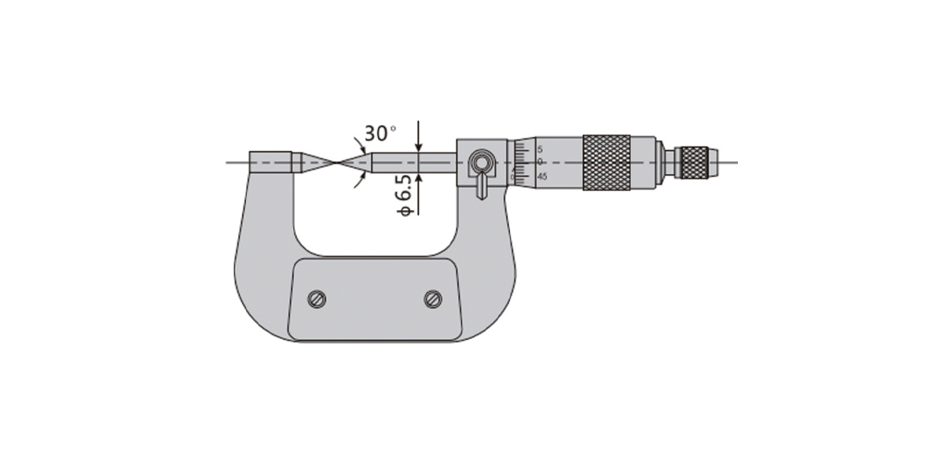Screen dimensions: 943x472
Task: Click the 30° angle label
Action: [x=380, y=133]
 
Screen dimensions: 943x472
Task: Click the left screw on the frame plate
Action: [x=317, y=299]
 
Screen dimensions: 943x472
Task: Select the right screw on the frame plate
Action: [x=433, y=299]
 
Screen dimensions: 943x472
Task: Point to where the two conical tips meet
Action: [x=338, y=162]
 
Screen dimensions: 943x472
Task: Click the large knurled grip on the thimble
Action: [x=607, y=163]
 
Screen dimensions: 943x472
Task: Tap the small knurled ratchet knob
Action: [x=695, y=163]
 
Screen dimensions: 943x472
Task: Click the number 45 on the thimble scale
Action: [x=542, y=176]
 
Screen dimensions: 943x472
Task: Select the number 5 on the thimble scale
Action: [x=540, y=149]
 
